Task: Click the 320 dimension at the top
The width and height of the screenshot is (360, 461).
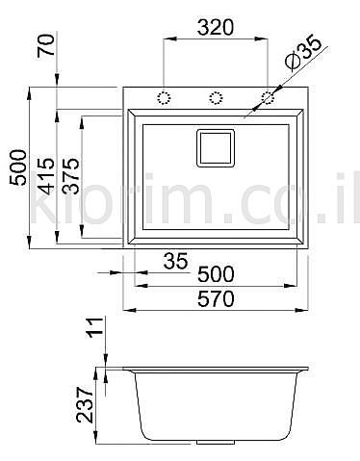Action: tap(215, 27)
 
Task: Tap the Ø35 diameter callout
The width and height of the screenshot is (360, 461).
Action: tap(303, 53)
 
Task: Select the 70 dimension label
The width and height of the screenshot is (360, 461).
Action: tap(45, 45)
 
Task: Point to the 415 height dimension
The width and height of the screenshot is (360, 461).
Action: tap(45, 176)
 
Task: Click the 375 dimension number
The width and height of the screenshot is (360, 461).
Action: tap(70, 176)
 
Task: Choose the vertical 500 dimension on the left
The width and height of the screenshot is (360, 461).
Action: tap(18, 167)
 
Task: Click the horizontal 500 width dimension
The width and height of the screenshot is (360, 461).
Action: tap(216, 274)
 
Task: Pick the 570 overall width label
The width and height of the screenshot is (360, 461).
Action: tap(216, 299)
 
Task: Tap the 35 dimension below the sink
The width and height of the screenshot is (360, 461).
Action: tap(175, 261)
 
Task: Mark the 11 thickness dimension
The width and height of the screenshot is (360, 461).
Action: tap(94, 327)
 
